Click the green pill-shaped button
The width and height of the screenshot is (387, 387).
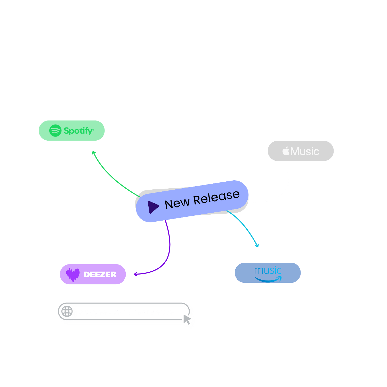[x=71, y=131]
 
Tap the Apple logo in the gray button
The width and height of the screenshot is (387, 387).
[x=286, y=151]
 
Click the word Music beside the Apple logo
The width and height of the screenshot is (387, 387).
[x=305, y=151]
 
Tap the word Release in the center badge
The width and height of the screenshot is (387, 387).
[x=216, y=197]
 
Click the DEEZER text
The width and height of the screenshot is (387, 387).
[x=100, y=275]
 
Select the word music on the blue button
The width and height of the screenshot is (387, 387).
[x=268, y=270]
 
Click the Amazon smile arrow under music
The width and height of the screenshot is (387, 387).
[x=268, y=279]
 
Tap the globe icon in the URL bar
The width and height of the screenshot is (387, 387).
[x=67, y=311]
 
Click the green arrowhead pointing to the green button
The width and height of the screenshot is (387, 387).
[x=94, y=152]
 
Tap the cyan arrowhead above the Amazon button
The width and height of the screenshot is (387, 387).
[x=257, y=245]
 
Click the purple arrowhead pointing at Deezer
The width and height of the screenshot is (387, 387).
[x=135, y=274]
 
